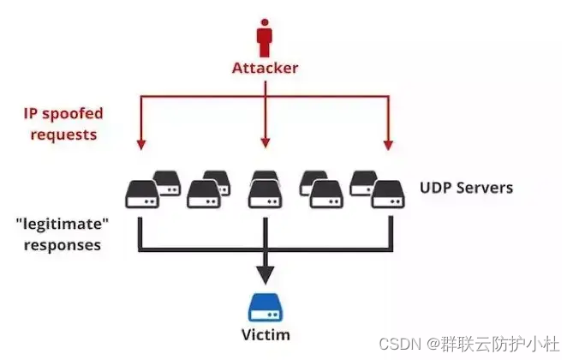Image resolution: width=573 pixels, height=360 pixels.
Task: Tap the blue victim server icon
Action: (265, 308)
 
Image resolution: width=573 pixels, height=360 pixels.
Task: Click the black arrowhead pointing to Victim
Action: (265, 273)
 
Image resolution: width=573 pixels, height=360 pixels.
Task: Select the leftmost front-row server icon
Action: (140, 195)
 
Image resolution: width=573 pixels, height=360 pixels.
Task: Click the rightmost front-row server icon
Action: (387, 195)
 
